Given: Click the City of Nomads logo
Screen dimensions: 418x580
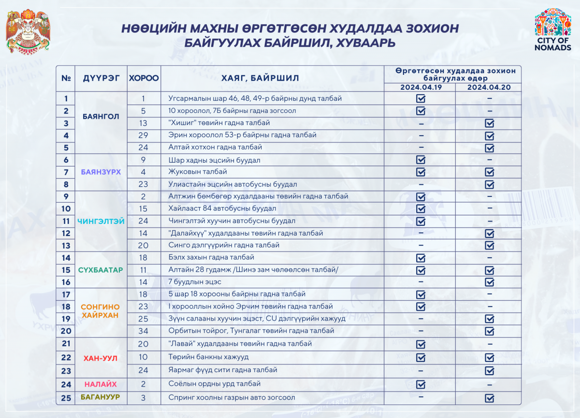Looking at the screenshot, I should click(x=553, y=30).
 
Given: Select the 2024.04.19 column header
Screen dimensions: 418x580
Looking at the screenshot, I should click(x=420, y=87).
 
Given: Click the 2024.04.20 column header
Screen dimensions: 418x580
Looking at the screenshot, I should click(x=489, y=87).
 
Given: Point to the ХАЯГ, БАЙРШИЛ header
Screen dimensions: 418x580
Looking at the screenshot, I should click(x=260, y=78).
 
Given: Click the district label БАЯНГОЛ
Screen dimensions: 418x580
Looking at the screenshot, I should click(x=101, y=117).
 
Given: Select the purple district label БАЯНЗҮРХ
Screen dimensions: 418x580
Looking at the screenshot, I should click(x=101, y=172).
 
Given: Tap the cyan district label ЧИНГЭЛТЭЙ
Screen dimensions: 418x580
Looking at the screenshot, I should click(x=101, y=221).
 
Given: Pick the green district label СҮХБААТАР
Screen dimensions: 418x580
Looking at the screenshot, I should click(x=101, y=270).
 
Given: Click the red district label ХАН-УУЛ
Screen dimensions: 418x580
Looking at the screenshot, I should click(x=101, y=358).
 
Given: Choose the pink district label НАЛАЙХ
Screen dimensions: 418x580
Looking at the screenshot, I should click(x=101, y=384).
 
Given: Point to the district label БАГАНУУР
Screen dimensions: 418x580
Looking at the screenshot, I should click(x=101, y=397).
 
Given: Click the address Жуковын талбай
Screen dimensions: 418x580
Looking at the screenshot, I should click(x=198, y=172).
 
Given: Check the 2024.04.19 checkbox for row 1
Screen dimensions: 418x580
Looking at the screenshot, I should click(x=420, y=98).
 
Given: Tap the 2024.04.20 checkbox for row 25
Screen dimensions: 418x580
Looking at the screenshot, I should click(x=490, y=398).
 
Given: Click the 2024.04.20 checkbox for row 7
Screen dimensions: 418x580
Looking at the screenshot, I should click(x=490, y=172).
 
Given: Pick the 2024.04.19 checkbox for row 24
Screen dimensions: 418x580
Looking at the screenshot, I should click(x=420, y=384).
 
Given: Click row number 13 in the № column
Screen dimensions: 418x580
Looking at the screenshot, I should click(x=66, y=245).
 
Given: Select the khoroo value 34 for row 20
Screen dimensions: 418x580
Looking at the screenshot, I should click(x=143, y=331).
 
